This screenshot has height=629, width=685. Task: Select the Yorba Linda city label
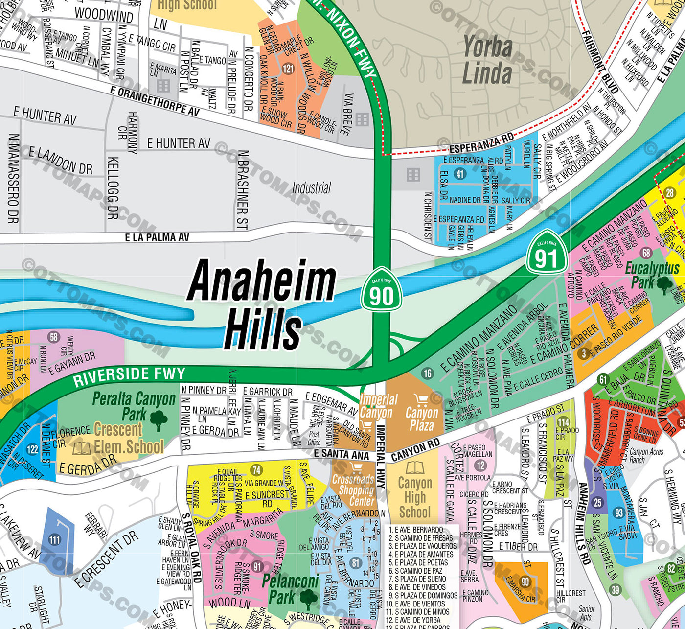487,60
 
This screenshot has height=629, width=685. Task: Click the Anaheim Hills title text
262,304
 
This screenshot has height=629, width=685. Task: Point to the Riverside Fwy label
129,376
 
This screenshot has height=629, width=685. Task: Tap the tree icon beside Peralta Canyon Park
159,420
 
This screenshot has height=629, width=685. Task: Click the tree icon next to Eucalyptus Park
664,284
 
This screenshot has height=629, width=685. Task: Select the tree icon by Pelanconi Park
308,599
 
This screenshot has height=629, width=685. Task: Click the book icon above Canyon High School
414,467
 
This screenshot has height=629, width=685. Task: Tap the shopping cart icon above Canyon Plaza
421,400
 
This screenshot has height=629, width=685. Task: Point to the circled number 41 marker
460,174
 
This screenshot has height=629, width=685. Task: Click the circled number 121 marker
288,68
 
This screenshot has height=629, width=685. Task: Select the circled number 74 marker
256,470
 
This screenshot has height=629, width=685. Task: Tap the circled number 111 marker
54,540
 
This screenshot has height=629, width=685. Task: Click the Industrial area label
312,188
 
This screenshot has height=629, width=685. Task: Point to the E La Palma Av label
157,237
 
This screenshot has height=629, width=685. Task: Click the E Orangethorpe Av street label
155,101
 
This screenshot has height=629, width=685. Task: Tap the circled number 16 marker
428,373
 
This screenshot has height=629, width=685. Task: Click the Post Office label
314,438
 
